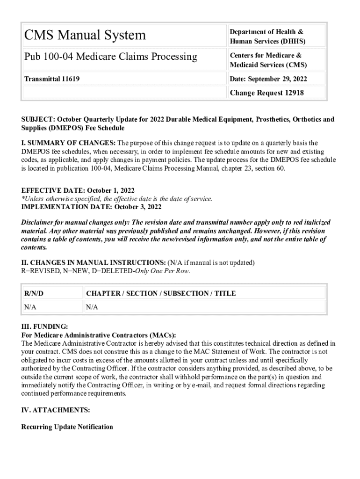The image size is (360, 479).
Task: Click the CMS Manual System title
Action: click(x=85, y=35)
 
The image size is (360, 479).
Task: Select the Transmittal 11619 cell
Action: click(x=52, y=79)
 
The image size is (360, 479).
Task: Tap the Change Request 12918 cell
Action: click(x=266, y=93)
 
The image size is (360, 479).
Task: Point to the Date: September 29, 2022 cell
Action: click(x=268, y=79)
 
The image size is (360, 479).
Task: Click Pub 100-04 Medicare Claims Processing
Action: click(x=111, y=57)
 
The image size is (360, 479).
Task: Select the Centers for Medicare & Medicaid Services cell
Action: click(x=268, y=60)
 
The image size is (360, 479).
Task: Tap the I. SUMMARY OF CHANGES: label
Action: click(x=69, y=143)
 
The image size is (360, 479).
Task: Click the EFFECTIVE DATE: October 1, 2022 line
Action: click(x=78, y=190)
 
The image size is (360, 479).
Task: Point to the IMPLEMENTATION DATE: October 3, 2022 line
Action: click(x=92, y=207)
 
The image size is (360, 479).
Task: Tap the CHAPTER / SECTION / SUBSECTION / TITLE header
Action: click(x=161, y=293)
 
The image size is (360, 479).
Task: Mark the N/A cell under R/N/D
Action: click(x=30, y=307)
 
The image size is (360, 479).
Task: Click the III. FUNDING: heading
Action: click(x=45, y=327)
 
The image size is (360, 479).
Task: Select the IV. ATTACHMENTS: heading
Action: click(x=56, y=410)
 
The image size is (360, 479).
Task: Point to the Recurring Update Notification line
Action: click(x=67, y=427)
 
